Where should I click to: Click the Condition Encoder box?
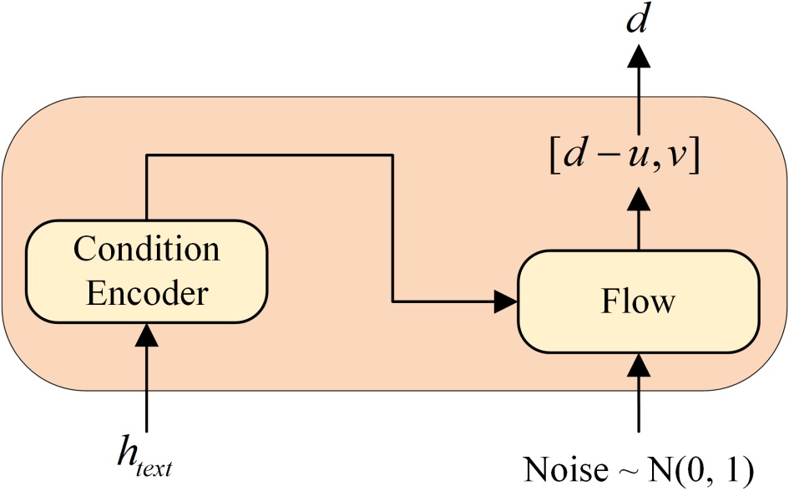click(147, 271)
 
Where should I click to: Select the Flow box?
click(639, 301)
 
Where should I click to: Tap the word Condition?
click(147, 249)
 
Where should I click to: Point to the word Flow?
click(639, 301)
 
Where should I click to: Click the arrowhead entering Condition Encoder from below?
click(147, 336)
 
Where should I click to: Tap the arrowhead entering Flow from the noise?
click(639, 365)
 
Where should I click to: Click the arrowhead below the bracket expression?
click(639, 199)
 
